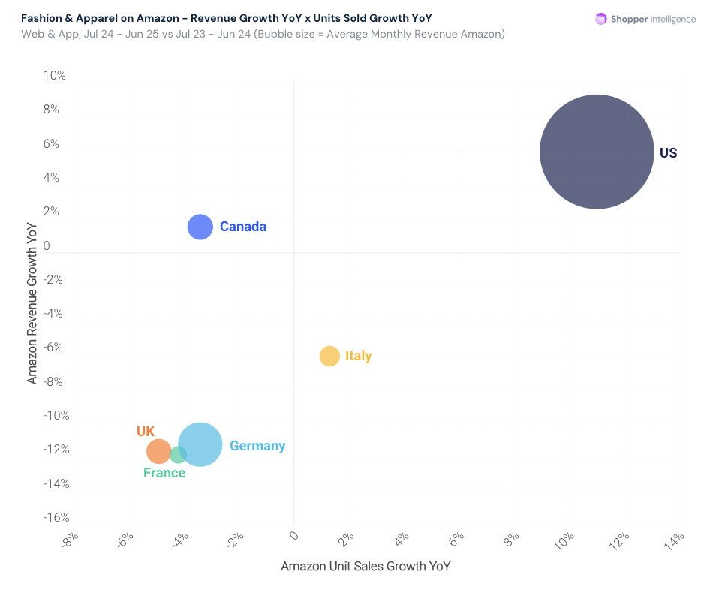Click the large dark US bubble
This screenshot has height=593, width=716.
[x=597, y=152]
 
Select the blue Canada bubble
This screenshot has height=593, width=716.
[x=200, y=227]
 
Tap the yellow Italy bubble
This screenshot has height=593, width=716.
[x=329, y=356]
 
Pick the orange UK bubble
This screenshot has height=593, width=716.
[x=158, y=451]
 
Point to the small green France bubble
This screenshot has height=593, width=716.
[x=178, y=454]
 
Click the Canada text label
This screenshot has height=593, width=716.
[x=243, y=227]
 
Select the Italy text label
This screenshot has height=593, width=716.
[x=358, y=356]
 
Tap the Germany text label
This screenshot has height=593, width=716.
[x=257, y=446]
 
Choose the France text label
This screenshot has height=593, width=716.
[x=164, y=473]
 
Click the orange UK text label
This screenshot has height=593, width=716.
[x=146, y=432]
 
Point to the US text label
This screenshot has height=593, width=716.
[x=668, y=153]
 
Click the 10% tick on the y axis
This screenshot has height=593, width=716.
[x=55, y=76]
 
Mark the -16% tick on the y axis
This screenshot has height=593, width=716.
[x=55, y=518]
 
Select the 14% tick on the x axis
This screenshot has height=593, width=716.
[x=675, y=540]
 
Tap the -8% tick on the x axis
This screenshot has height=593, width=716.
[x=69, y=540]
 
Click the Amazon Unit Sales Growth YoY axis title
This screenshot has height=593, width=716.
[x=366, y=566]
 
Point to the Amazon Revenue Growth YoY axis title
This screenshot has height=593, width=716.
[x=32, y=303]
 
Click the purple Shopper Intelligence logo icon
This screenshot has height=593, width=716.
[x=600, y=19]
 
